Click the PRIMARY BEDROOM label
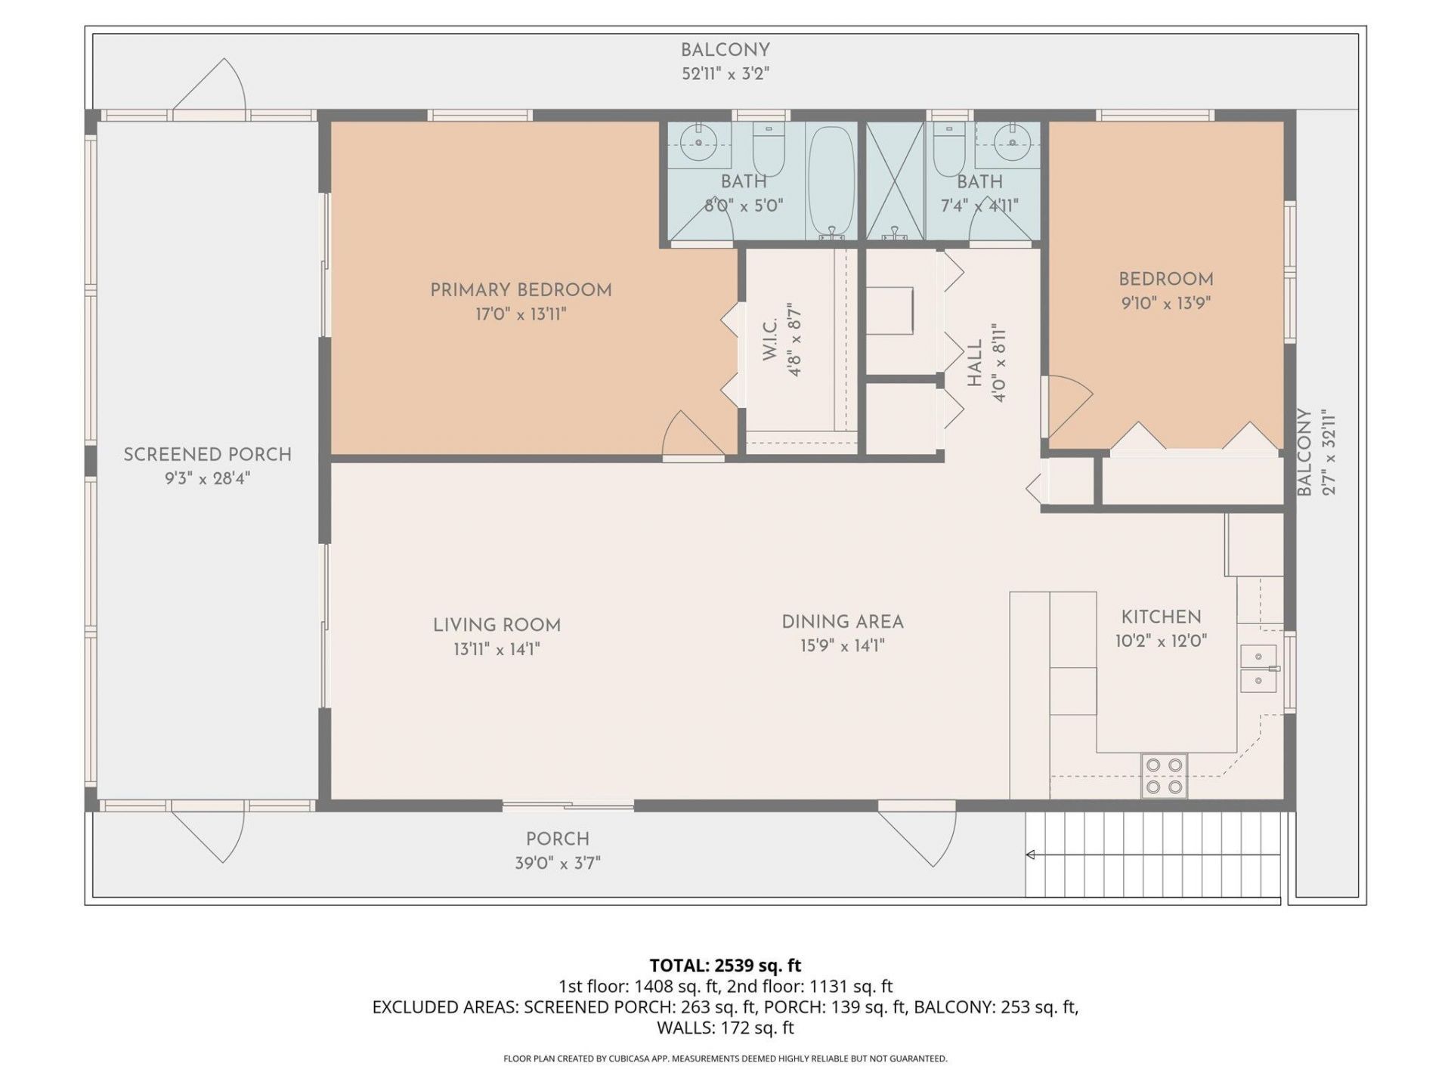click(521, 290)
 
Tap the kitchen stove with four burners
click(1164, 776)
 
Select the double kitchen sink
click(1258, 669)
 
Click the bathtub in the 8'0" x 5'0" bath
click(831, 181)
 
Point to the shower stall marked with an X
click(895, 181)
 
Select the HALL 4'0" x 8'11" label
click(986, 363)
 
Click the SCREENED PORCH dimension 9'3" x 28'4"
click(207, 478)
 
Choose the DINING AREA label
click(842, 622)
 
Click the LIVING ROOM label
click(497, 626)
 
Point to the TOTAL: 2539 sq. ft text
click(725, 966)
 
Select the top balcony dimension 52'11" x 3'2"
click(725, 74)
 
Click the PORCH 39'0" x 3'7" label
click(558, 851)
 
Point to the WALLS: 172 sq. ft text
click(725, 1028)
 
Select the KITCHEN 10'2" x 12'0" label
click(1161, 629)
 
